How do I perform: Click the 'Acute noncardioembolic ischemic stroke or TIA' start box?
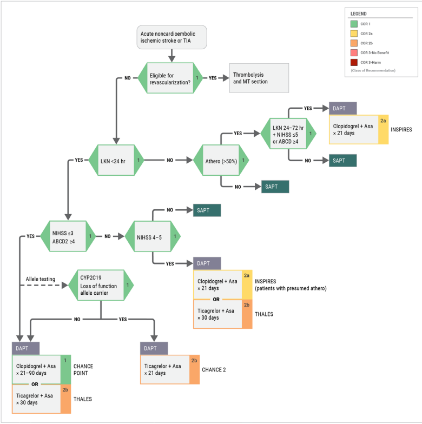(172, 37)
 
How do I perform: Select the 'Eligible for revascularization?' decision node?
(170, 78)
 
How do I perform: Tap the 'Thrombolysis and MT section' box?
(259, 78)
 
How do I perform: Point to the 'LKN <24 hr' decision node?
(116, 160)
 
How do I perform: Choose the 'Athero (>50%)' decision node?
(221, 160)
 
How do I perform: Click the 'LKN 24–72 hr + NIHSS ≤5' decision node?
(288, 134)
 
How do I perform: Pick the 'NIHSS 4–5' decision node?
(153, 236)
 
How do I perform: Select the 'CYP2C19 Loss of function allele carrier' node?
(101, 286)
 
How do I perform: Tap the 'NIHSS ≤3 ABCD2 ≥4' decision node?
(68, 236)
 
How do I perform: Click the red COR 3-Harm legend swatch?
(354, 63)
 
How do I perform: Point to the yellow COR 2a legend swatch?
(354, 34)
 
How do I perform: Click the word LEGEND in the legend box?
(358, 14)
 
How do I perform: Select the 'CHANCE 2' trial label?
(214, 370)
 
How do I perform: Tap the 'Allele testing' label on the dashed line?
(40, 279)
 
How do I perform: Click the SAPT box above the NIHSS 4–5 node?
(207, 210)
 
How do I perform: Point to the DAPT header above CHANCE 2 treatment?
(154, 348)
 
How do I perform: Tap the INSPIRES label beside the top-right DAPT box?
(401, 130)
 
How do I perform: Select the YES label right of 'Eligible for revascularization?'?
(213, 78)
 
